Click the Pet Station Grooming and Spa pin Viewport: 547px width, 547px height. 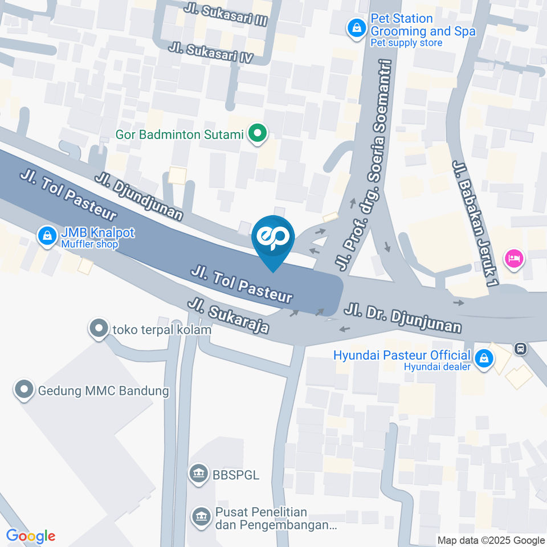click(x=357, y=27)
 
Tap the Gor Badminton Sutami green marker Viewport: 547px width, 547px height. click(x=258, y=134)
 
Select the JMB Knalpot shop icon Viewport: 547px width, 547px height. click(x=46, y=234)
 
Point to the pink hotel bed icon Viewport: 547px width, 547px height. click(x=514, y=258)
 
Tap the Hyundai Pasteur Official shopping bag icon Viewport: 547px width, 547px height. click(x=484, y=358)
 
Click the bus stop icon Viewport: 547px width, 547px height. click(x=520, y=348)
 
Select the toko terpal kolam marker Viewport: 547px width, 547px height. click(x=99, y=328)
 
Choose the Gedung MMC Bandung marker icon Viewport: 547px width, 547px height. click(x=25, y=390)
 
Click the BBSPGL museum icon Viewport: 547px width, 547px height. click(x=199, y=473)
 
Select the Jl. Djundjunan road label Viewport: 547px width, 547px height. click(x=140, y=196)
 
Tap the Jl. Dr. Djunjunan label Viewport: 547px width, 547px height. click(x=402, y=318)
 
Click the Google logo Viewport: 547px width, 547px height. click(x=30, y=536)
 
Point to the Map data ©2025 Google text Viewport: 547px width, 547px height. click(x=491, y=540)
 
